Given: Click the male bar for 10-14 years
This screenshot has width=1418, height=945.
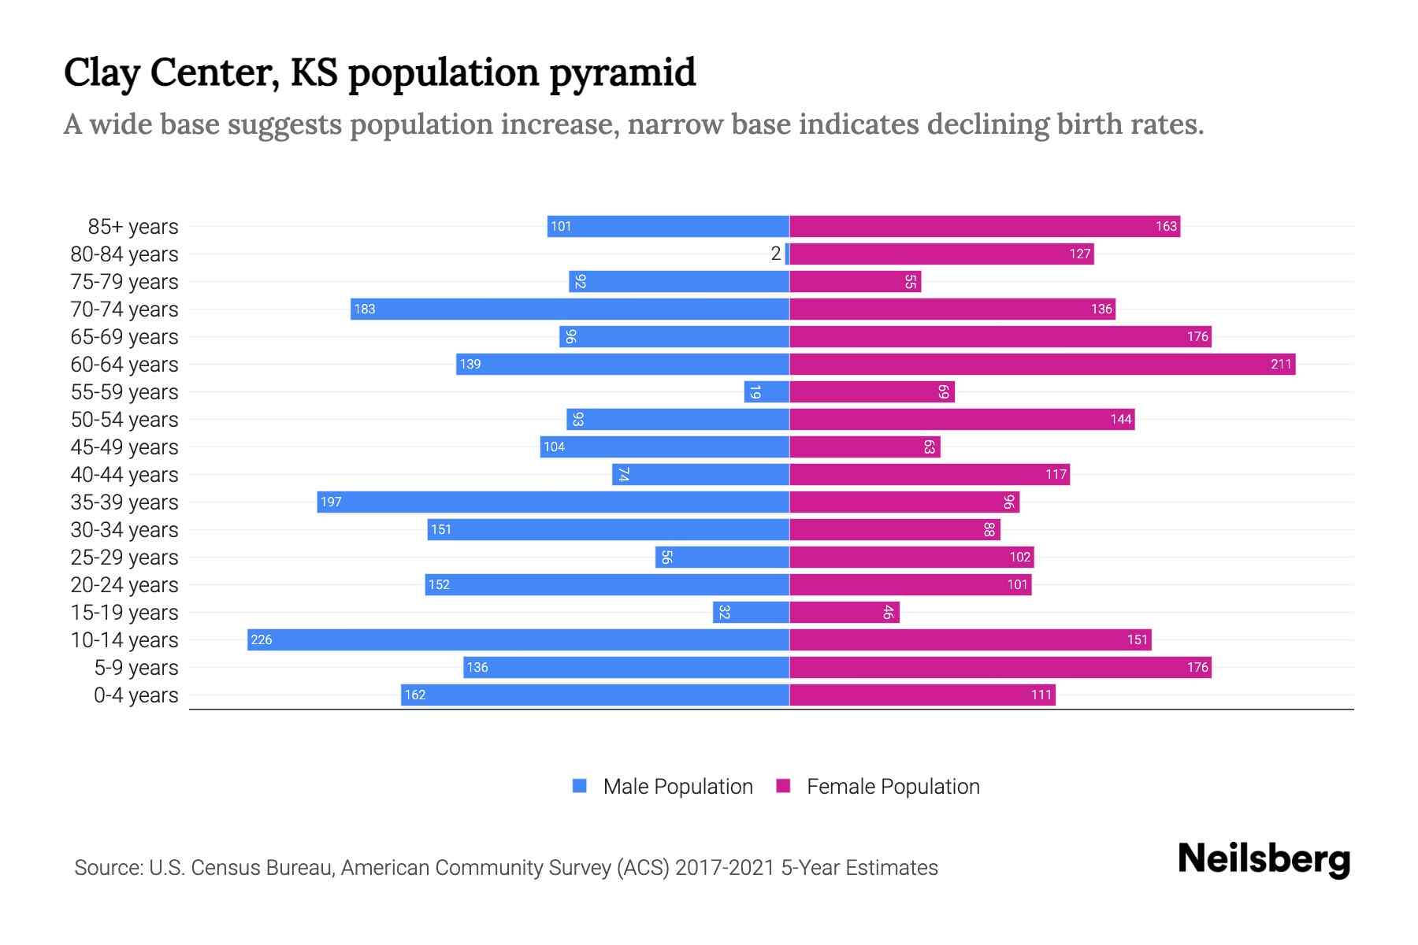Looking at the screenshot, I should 518,639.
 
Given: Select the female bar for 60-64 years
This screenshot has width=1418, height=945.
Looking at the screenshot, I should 1042,364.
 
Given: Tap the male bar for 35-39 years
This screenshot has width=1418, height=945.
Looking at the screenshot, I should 553,502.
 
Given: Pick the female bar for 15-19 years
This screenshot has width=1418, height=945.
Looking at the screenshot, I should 844,612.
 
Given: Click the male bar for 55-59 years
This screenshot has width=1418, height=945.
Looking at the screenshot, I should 767,391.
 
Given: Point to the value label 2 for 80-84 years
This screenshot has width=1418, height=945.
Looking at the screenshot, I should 776,254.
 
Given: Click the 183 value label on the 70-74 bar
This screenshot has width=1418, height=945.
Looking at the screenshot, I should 365,309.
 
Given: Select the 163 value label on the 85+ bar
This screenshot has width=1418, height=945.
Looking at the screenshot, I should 1166,226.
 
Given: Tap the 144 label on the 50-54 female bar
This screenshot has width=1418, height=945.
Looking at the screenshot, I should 1121,419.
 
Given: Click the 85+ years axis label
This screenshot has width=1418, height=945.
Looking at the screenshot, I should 133,227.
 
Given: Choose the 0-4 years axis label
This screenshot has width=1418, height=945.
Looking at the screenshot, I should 136,695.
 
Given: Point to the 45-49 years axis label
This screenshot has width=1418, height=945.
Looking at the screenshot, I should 124,447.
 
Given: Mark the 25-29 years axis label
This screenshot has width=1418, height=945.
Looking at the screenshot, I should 124,558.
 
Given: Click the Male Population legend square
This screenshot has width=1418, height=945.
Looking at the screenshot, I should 580,786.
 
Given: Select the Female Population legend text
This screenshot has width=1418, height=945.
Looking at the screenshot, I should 893,787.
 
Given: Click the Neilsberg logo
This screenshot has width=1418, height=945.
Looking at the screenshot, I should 1264,859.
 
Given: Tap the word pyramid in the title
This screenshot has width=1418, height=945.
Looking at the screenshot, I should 622,73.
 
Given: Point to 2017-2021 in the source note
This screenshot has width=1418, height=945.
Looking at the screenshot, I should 725,868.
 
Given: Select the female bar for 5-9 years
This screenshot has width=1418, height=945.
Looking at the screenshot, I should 1000,667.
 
